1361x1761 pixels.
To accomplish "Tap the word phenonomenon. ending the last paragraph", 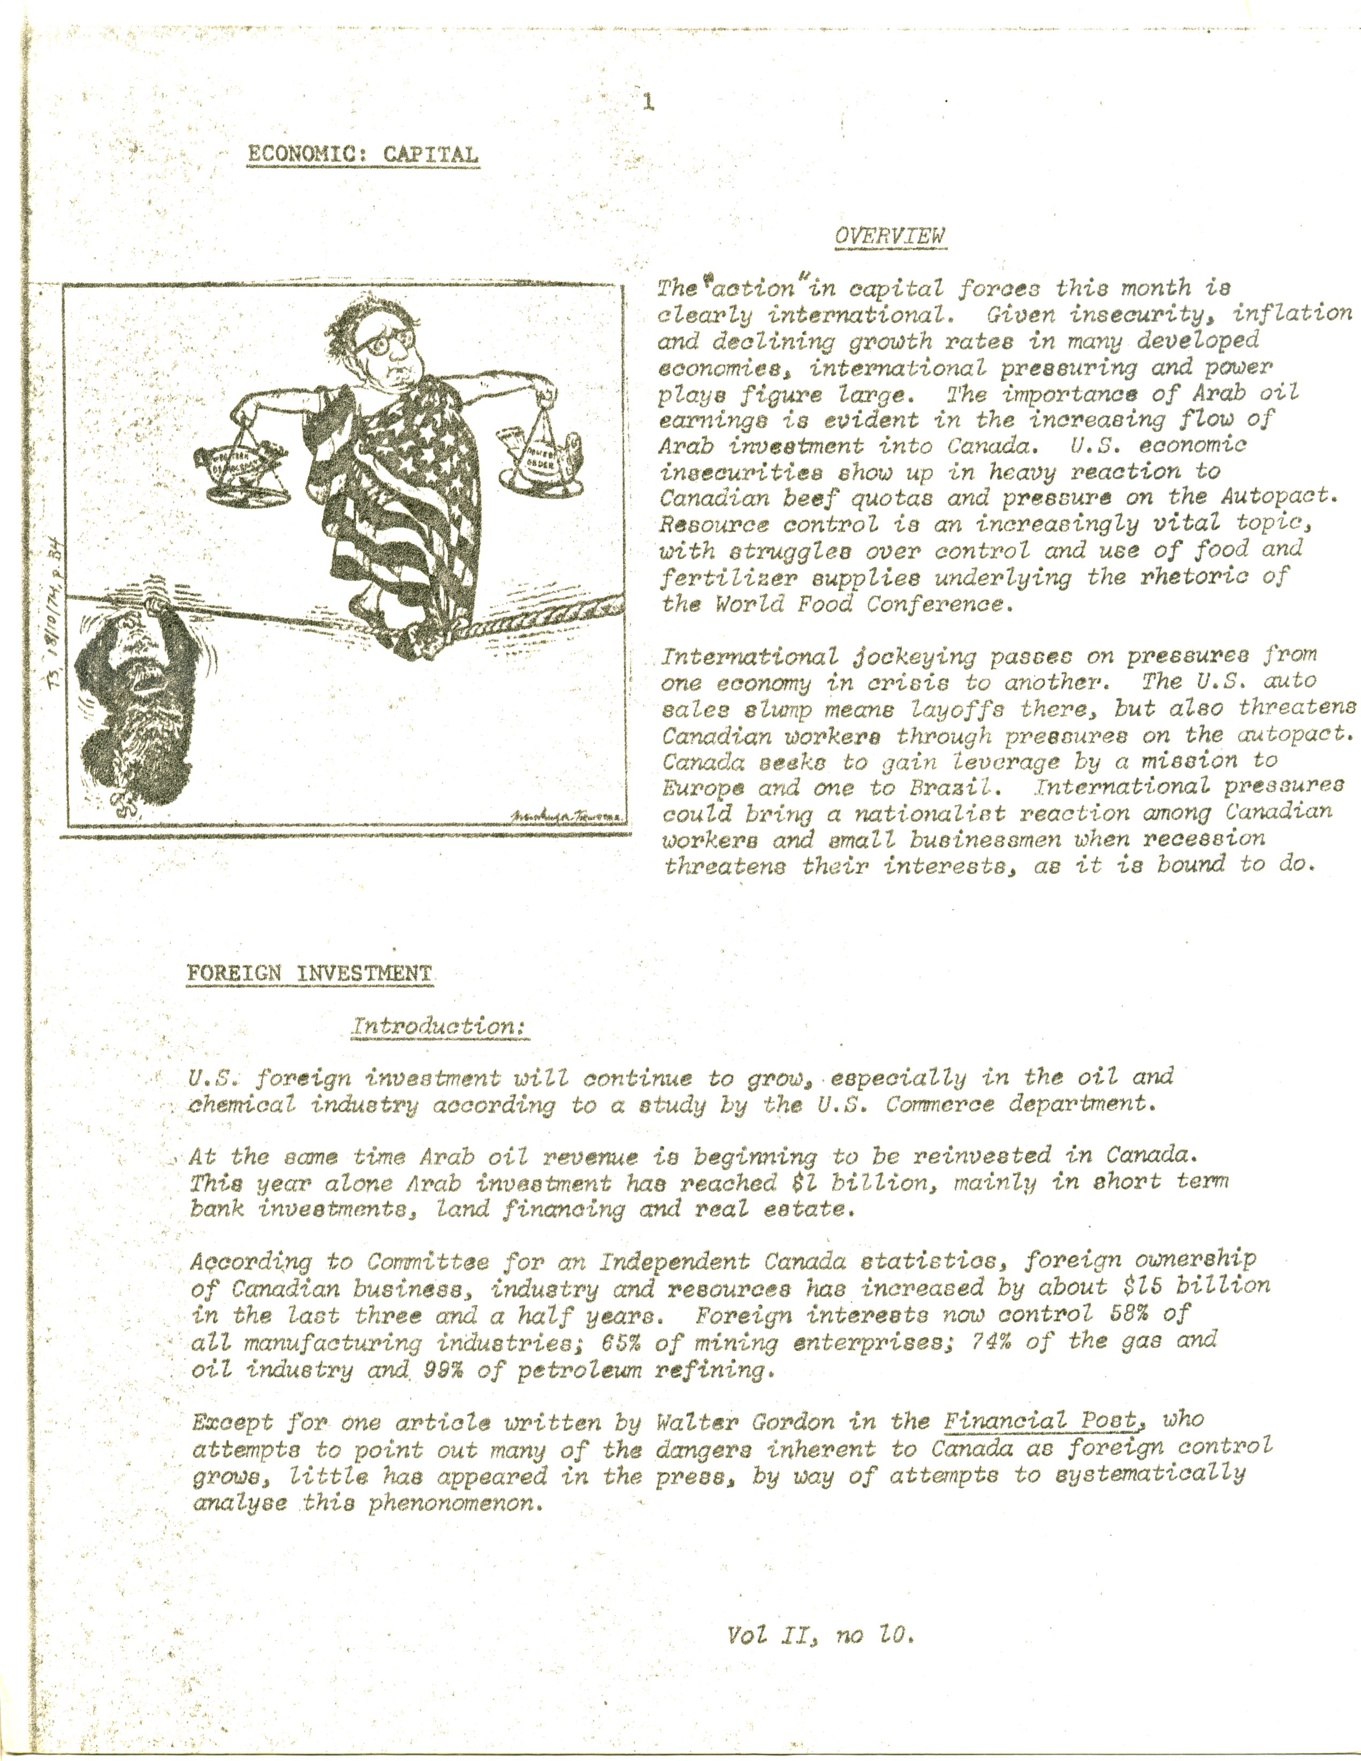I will [x=454, y=1505].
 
